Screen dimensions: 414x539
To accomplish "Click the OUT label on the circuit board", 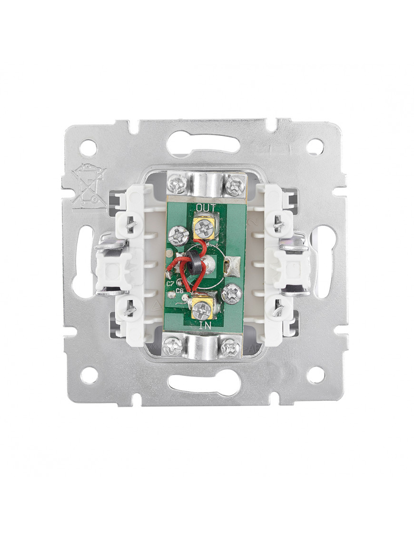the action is [206, 208].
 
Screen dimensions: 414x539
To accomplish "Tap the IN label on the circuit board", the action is [205, 325].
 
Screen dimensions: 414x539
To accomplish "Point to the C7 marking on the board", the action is [170, 284].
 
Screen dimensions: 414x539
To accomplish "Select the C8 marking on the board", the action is [179, 291].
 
